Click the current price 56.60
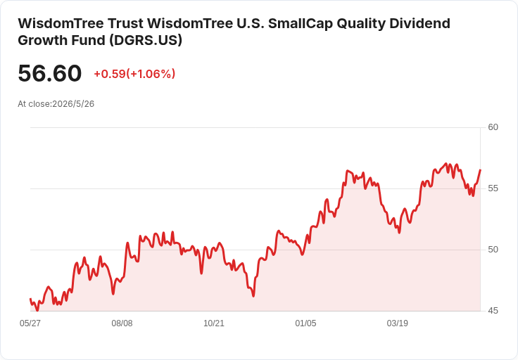49,73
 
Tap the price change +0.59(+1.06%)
134,74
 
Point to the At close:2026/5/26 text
56,103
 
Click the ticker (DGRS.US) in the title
146,40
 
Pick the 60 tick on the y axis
493,127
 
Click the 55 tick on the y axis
493,188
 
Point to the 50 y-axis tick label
493,250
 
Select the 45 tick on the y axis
493,311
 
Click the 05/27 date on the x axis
30,323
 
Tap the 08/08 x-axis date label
122,323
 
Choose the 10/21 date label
214,323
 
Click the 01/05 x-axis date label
305,323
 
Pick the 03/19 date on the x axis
398,323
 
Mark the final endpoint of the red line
480,170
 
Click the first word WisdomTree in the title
61,23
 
